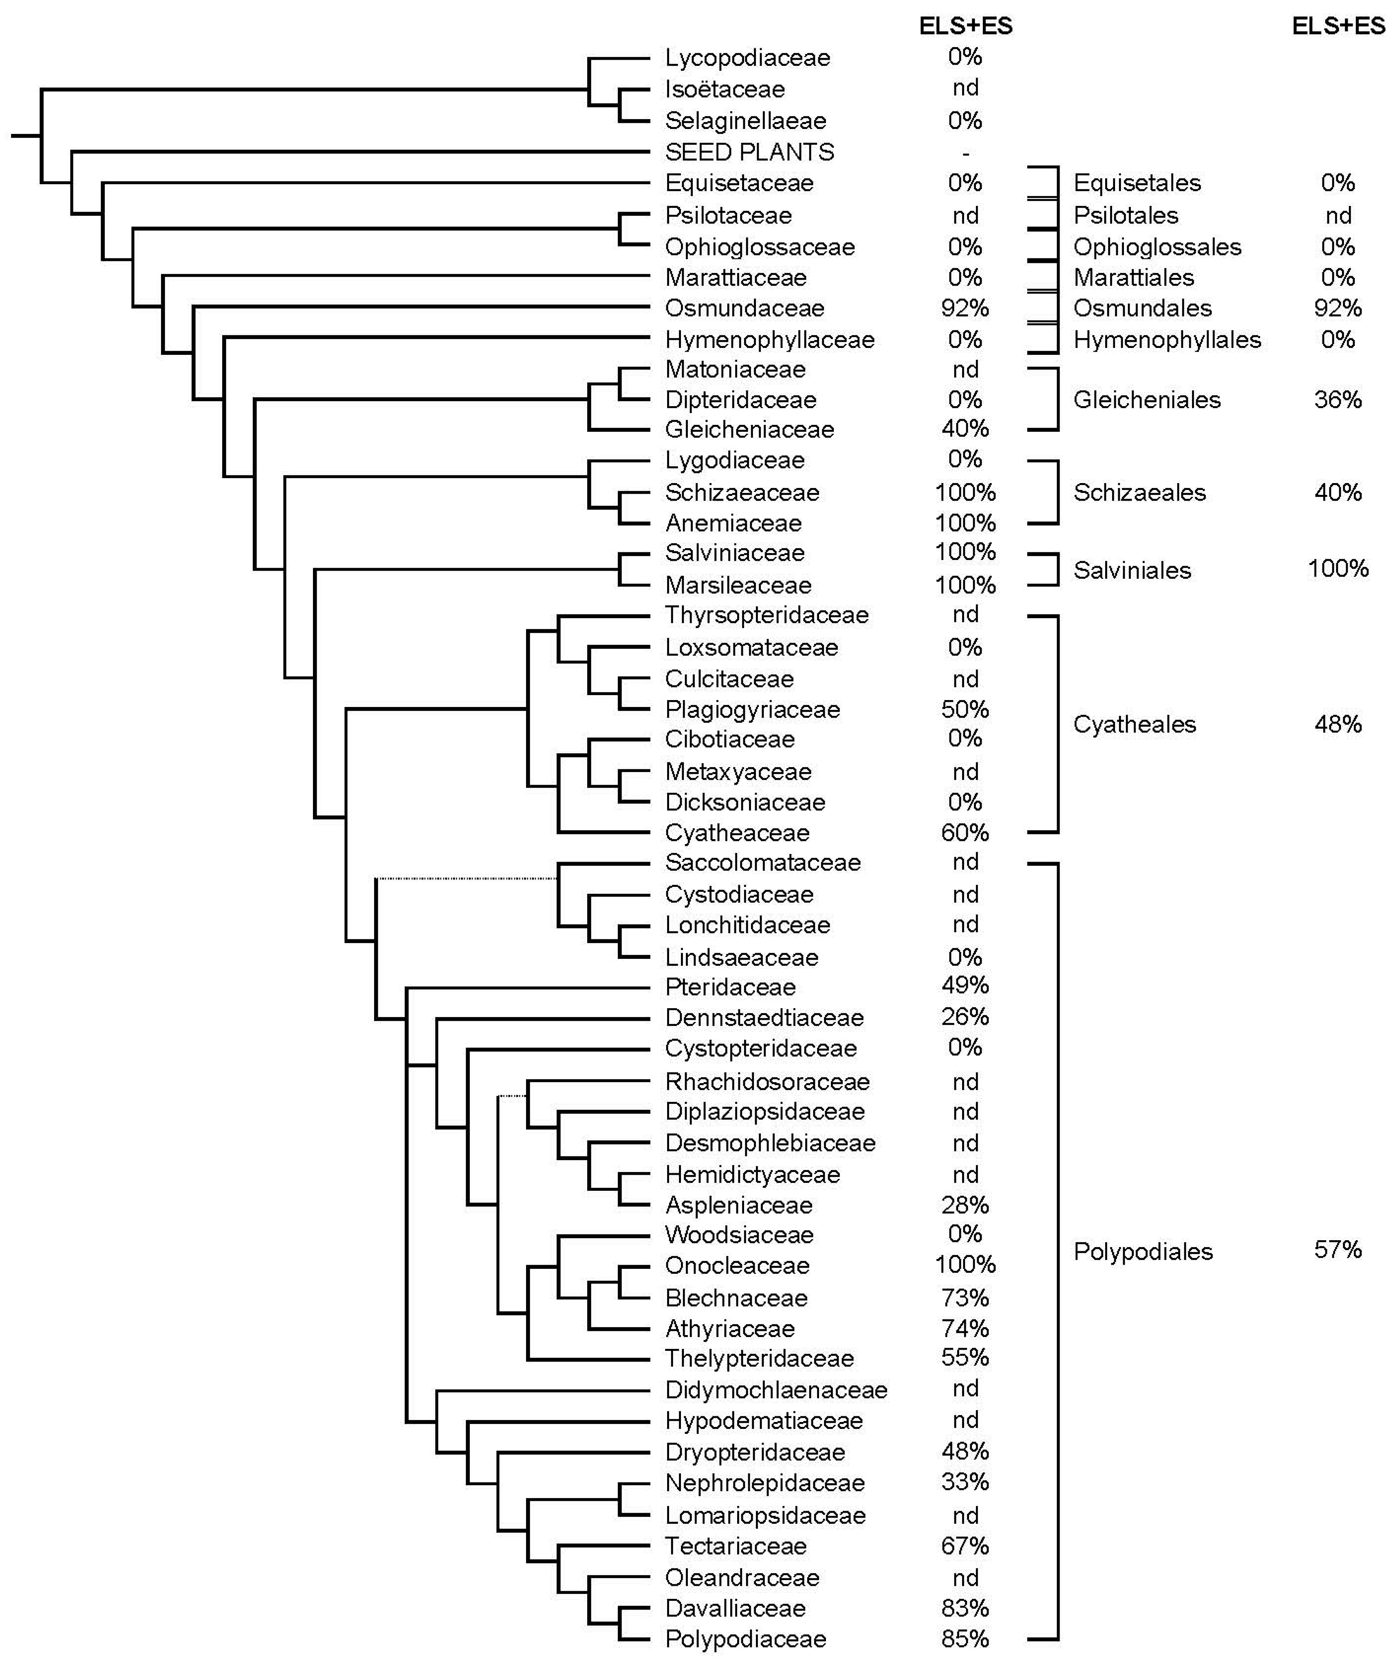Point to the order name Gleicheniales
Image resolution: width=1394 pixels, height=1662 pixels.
point(1146,400)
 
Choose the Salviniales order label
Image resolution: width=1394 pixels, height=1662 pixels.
point(1131,570)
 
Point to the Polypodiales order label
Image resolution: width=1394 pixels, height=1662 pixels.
point(1142,1251)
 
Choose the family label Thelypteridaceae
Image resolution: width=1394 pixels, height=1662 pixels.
point(759,1358)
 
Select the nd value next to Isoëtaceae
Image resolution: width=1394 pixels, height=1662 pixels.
point(965,88)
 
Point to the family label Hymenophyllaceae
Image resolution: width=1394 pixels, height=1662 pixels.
point(769,340)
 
